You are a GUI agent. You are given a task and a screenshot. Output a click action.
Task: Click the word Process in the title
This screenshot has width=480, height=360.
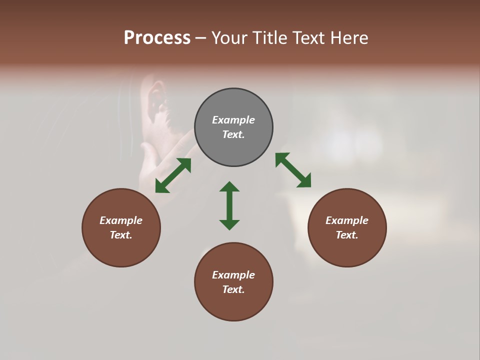pos(157,38)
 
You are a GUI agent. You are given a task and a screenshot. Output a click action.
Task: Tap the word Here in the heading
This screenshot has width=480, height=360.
pos(349,38)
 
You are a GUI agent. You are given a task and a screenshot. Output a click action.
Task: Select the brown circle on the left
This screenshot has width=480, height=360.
pos(121,227)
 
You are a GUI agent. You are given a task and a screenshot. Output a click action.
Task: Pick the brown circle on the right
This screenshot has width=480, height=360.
pos(347,227)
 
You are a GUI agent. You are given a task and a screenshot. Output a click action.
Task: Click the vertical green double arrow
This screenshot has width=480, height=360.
pos(229,205)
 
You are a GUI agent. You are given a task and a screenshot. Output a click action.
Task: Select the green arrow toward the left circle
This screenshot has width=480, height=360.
pos(173,175)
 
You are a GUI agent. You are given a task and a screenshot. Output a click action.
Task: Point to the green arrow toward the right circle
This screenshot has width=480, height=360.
pos(293,170)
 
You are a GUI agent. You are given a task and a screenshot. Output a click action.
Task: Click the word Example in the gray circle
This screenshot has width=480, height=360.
pos(233,120)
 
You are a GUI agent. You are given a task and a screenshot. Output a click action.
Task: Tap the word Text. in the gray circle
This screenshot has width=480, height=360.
pos(233,134)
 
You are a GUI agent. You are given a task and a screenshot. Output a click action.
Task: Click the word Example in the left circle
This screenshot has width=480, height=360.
pos(121,220)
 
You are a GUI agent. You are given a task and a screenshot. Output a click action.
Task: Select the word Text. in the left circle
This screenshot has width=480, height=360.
pos(121,235)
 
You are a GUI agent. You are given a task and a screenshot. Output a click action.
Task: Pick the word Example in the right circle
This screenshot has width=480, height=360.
pos(347,220)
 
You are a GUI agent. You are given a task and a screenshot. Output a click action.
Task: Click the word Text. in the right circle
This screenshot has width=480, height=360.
pos(347,235)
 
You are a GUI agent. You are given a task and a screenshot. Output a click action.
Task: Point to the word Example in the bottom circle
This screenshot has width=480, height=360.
pos(233,275)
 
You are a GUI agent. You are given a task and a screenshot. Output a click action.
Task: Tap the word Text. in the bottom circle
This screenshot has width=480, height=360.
pos(233,289)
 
